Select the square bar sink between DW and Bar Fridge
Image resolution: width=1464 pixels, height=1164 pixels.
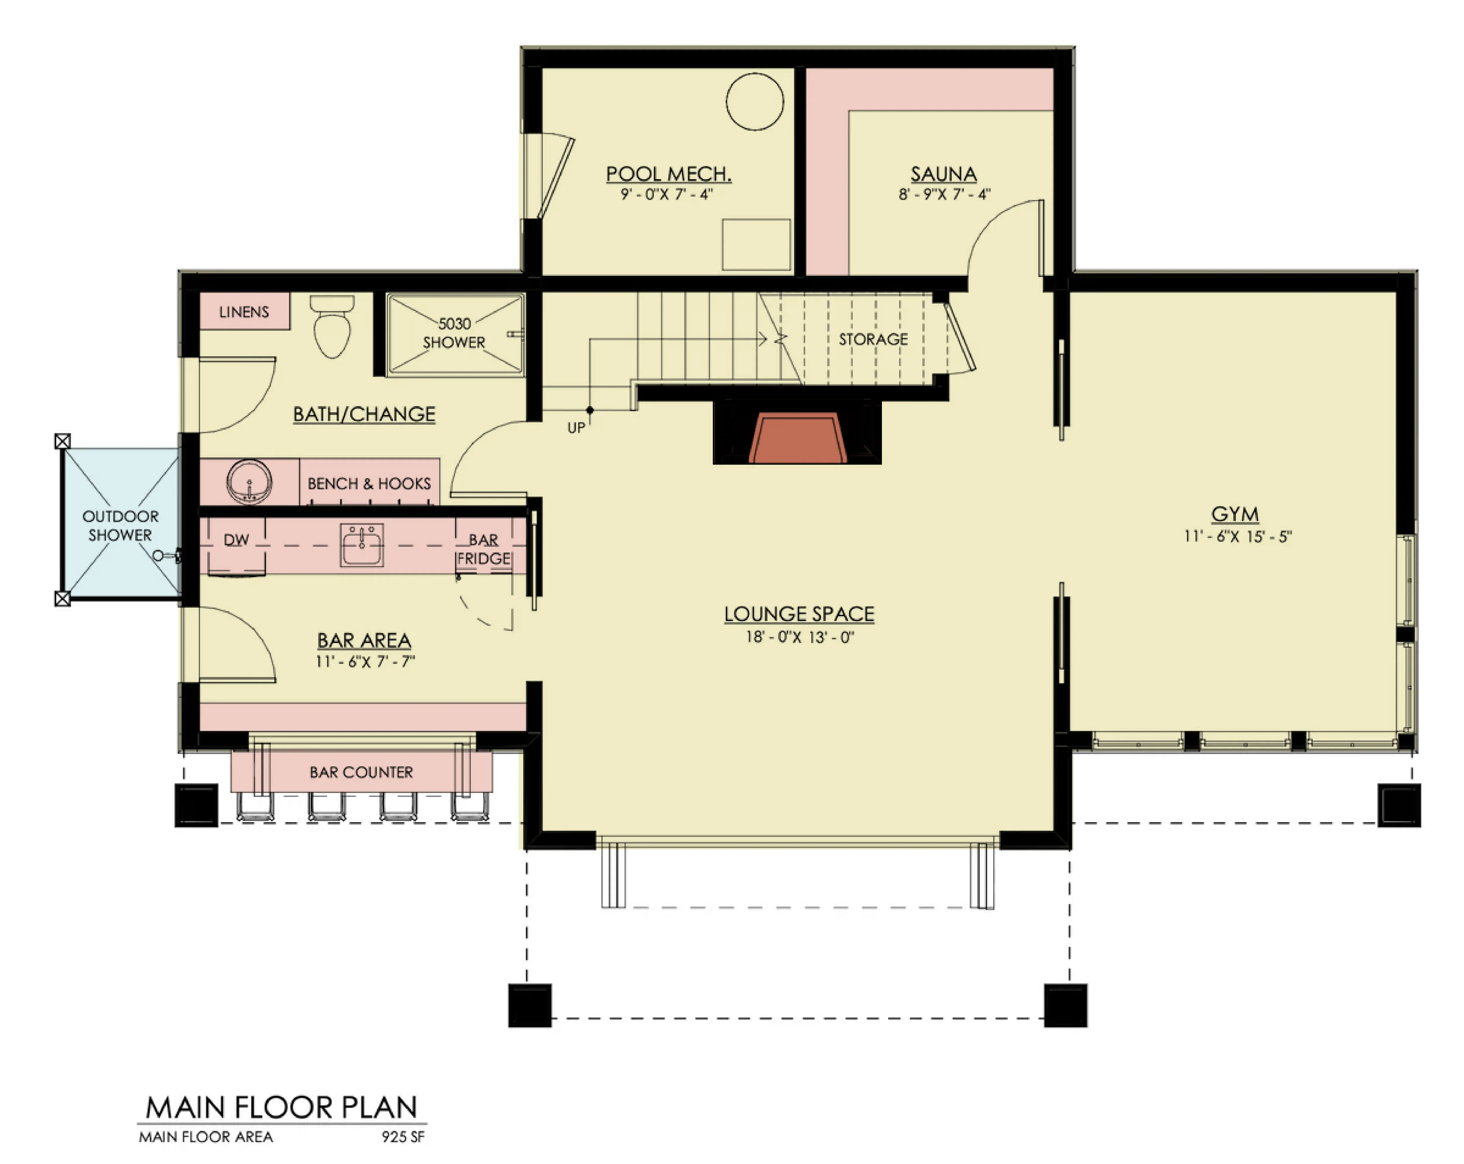362,545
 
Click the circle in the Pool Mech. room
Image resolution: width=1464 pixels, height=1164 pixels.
755,101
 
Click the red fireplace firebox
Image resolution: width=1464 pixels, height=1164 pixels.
797,438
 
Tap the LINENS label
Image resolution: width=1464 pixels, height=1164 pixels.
244,312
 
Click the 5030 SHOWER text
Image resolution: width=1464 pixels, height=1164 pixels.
454,333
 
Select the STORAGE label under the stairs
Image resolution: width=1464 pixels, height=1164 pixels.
873,339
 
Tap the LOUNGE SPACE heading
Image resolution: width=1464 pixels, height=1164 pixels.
799,614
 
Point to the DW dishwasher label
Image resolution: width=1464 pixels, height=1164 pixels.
236,540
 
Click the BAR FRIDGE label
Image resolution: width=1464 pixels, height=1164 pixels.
483,549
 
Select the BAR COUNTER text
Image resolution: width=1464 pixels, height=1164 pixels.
361,772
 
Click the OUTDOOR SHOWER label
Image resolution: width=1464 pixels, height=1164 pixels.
120,526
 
